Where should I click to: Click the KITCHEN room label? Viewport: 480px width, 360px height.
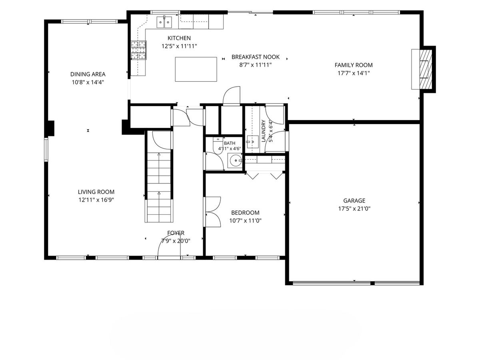click(179, 38)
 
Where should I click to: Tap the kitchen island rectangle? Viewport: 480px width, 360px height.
click(196, 69)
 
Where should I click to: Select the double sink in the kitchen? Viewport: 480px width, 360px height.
click(164, 22)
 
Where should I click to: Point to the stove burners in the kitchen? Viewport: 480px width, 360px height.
click(138, 50)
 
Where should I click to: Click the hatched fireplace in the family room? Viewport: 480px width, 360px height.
click(426, 69)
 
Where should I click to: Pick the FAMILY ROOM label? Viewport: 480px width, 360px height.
click(353, 65)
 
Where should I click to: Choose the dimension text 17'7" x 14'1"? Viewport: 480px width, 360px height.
click(353, 73)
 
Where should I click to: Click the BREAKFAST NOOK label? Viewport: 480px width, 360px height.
click(256, 57)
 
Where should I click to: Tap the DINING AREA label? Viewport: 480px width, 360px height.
click(88, 74)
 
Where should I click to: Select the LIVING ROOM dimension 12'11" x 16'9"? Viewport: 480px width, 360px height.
click(96, 200)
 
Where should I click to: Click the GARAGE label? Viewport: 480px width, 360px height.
click(354, 200)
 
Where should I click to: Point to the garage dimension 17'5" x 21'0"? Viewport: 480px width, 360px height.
click(354, 208)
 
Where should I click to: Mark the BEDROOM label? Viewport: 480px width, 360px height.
click(245, 212)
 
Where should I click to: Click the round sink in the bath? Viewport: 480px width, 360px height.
click(235, 160)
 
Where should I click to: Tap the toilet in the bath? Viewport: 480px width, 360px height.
click(218, 145)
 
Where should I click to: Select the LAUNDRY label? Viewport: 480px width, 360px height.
click(263, 131)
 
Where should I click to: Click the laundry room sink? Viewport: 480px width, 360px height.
click(252, 142)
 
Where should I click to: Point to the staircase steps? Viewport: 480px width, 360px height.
click(159, 187)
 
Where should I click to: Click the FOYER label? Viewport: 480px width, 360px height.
click(176, 233)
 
